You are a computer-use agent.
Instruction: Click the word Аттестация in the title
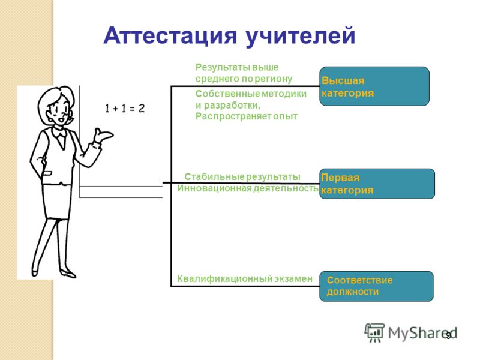click(x=170, y=35)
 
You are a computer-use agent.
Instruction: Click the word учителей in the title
click(x=301, y=37)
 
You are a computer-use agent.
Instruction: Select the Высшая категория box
click(x=374, y=86)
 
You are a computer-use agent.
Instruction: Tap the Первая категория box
click(x=377, y=184)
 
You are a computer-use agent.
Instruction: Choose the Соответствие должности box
click(x=377, y=286)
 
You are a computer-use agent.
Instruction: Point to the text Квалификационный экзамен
click(x=245, y=278)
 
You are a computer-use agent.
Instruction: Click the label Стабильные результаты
click(x=242, y=176)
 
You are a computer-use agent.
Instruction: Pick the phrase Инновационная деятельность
click(x=248, y=188)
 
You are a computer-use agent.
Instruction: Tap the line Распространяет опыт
click(x=247, y=116)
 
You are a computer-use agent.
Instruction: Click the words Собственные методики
click(x=251, y=94)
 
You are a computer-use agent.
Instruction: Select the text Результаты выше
click(x=237, y=67)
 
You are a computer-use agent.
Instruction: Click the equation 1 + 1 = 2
click(x=125, y=109)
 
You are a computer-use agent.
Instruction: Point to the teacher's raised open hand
click(x=103, y=135)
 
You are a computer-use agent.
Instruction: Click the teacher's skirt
click(x=57, y=200)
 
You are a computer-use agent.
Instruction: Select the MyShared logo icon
click(x=374, y=332)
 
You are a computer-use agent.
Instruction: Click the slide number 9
click(x=448, y=336)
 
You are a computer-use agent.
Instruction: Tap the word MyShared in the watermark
click(x=423, y=333)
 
